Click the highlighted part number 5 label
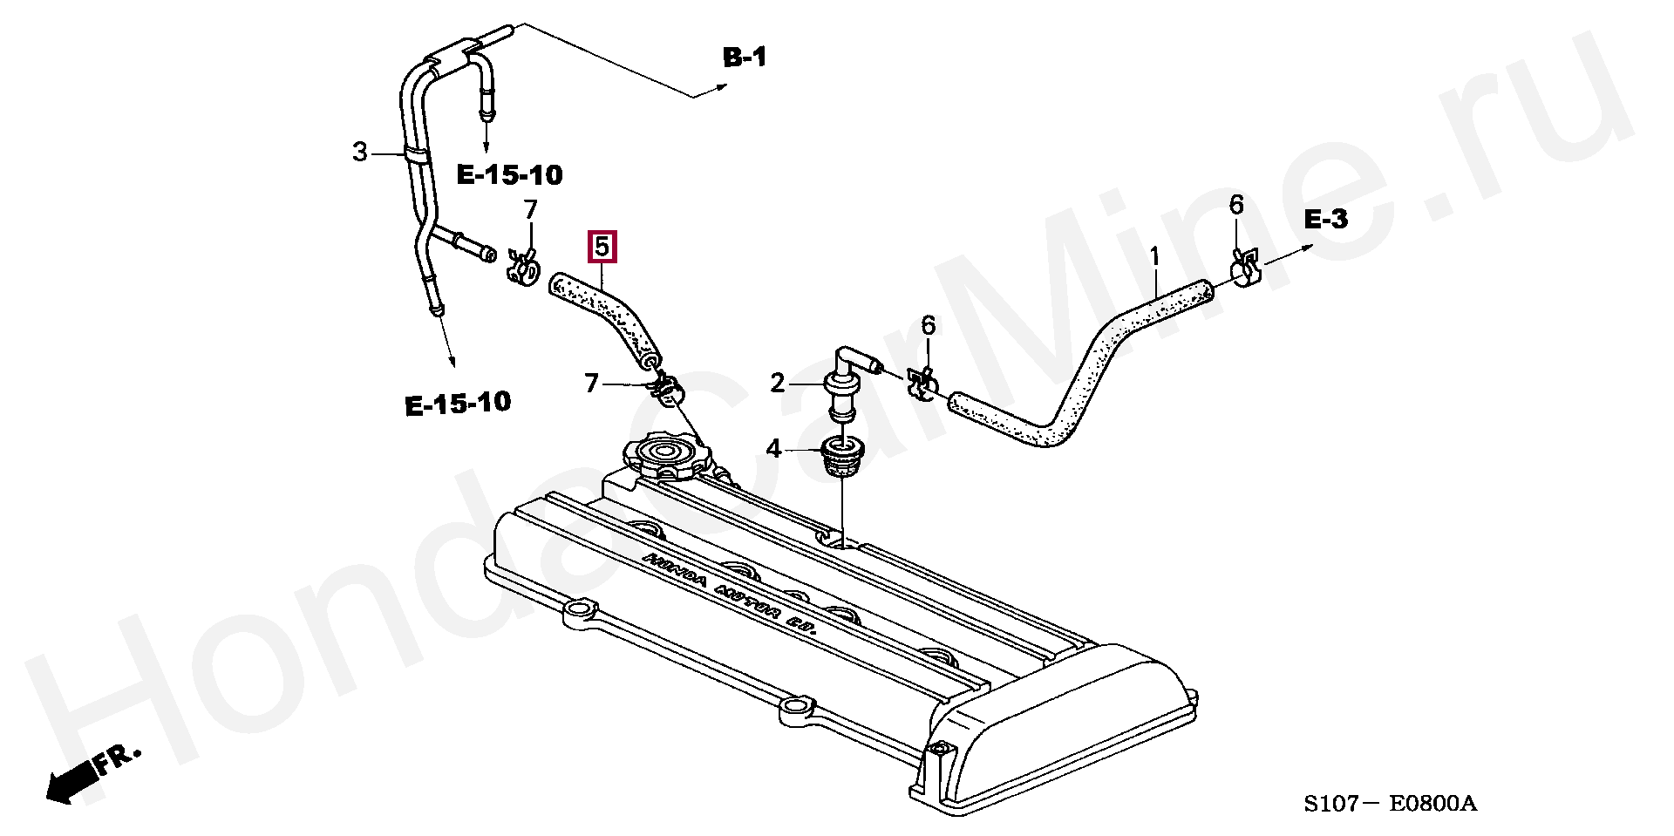(x=603, y=247)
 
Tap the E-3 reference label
(x=1325, y=221)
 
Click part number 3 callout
(x=360, y=153)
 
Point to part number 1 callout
(x=1154, y=257)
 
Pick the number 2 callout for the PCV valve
(x=777, y=382)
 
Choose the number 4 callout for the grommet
(x=774, y=450)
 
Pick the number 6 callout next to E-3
(x=1236, y=206)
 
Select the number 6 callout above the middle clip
(x=928, y=326)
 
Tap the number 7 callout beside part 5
(x=531, y=210)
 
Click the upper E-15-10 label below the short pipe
(x=510, y=176)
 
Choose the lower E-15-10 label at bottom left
(x=458, y=404)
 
